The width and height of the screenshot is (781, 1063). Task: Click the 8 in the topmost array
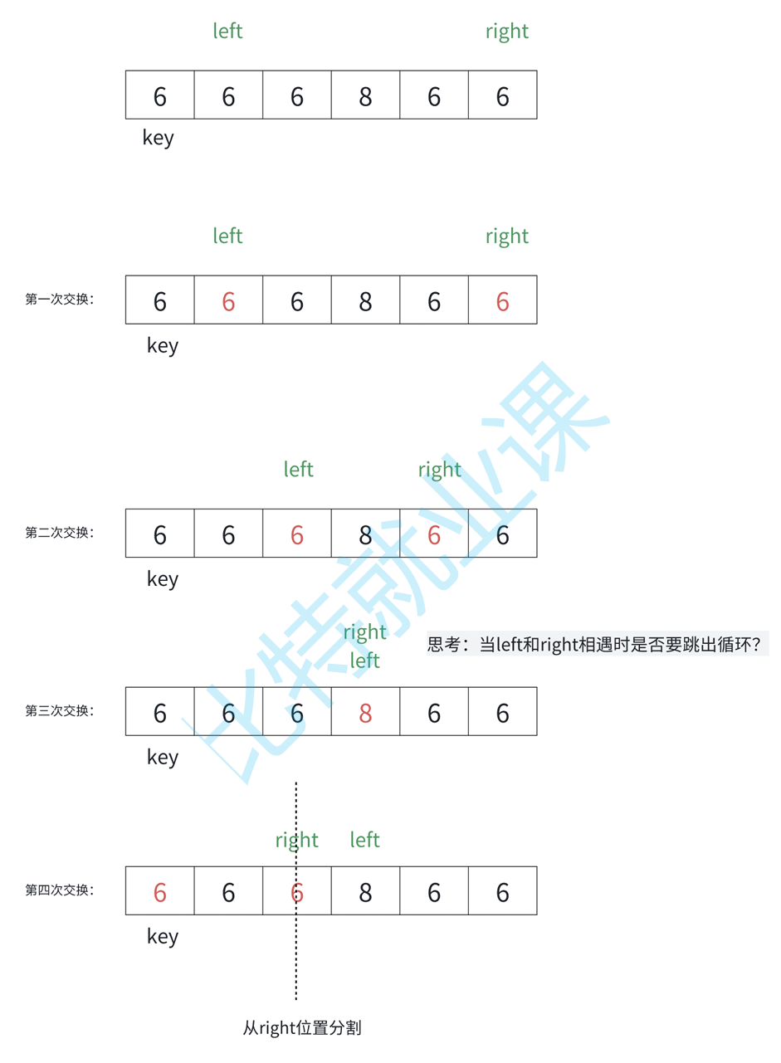point(365,97)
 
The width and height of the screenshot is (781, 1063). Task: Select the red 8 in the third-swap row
point(365,713)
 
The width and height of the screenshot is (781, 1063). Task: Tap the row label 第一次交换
point(60,300)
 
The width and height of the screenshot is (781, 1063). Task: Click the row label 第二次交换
point(60,533)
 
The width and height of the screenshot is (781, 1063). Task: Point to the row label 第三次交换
point(60,711)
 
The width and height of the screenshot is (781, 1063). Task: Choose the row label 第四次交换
point(60,890)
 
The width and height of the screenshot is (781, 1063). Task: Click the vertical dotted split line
point(295,954)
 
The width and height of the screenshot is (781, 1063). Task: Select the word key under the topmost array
point(159,137)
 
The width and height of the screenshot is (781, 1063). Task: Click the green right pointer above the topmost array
point(506,32)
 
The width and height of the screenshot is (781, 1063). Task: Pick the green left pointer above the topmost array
point(227,32)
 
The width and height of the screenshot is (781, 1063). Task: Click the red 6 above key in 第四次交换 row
point(160,893)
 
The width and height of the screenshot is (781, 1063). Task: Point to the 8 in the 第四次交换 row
point(365,893)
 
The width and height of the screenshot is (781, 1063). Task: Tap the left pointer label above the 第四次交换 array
point(364,840)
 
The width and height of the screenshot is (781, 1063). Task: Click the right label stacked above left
point(364,632)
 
